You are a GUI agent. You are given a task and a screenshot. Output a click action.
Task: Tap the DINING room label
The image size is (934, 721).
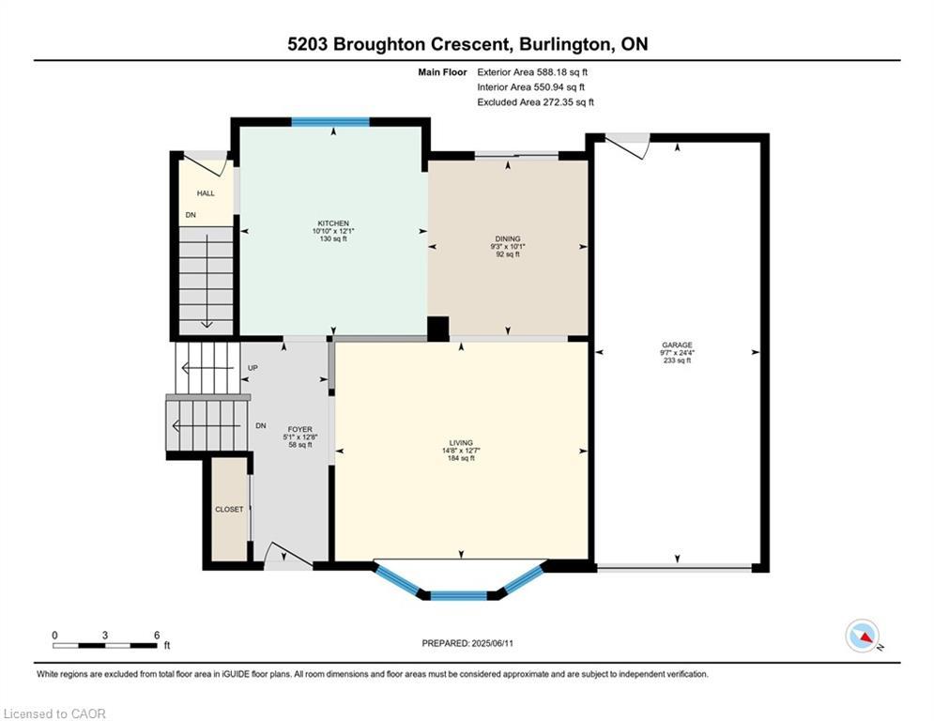tap(508, 238)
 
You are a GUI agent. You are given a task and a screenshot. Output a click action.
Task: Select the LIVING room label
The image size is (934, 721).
tap(461, 442)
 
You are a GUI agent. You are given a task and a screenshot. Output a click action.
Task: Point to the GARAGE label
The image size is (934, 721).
tap(676, 345)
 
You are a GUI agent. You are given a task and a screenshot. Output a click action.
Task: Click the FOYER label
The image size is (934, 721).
tap(299, 429)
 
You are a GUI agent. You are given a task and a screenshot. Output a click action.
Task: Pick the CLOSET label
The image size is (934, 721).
tap(229, 509)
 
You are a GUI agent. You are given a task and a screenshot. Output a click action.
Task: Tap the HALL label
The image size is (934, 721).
tap(206, 193)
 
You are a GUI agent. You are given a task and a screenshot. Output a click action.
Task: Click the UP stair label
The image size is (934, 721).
tap(253, 368)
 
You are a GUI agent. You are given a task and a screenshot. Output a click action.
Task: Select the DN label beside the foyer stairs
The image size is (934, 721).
tap(260, 425)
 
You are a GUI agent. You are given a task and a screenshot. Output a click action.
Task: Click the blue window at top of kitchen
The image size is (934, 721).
tap(329, 121)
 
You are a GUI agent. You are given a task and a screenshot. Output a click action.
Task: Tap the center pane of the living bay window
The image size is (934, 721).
tap(458, 594)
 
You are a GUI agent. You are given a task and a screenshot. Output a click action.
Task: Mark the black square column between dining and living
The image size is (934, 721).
tap(437, 328)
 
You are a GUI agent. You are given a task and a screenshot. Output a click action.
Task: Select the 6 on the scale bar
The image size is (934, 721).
tap(156, 635)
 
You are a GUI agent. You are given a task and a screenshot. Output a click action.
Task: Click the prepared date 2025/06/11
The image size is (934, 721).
tap(467, 643)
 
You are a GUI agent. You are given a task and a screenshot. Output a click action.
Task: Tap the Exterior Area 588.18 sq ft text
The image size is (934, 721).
tap(532, 71)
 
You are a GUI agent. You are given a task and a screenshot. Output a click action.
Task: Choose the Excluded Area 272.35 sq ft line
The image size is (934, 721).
tap(535, 102)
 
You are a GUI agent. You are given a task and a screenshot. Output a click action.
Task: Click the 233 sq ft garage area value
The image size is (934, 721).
tap(676, 360)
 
